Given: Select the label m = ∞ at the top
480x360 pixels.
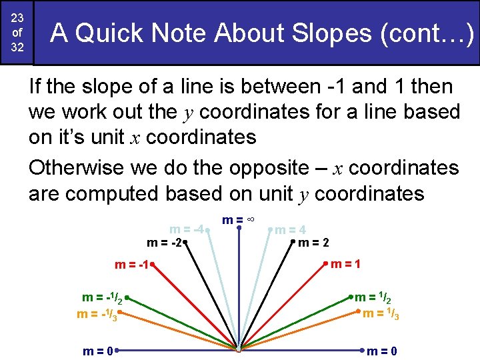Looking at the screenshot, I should tap(239, 219).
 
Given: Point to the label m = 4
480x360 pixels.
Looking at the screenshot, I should tap(291, 231).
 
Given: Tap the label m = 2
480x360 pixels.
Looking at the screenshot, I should tap(313, 243).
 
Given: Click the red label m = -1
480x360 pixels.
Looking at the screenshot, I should tap(131, 265).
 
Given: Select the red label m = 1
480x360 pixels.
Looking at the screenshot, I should tap(347, 264).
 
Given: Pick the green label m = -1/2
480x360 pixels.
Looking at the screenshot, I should tap(100, 298).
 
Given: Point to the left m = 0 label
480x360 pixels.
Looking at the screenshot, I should tap(97, 350).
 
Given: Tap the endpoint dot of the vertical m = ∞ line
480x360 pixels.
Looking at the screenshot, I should tap(239, 227).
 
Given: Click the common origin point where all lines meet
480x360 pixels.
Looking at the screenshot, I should tap(239, 349).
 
